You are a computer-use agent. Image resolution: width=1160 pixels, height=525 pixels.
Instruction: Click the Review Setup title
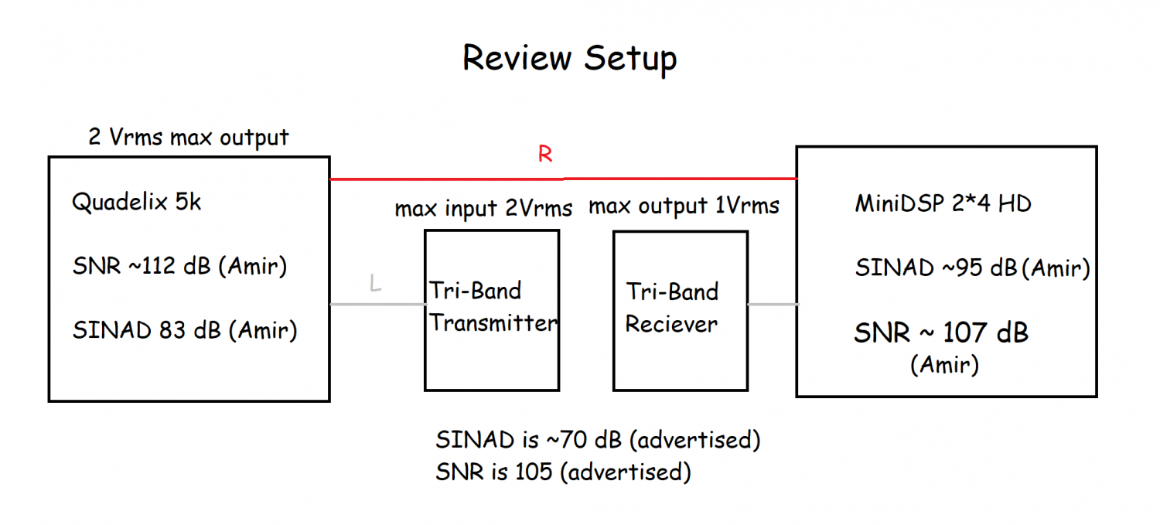coord(570,59)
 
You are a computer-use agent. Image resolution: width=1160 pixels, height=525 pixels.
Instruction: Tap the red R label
coord(545,154)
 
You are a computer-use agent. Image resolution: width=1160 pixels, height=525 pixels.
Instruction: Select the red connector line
coord(564,179)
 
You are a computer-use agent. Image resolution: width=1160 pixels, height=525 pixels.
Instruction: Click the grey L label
coord(375,283)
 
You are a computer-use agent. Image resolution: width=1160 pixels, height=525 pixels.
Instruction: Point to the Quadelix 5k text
coord(136,202)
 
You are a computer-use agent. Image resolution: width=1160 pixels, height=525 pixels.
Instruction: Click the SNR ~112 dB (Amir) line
coord(179,266)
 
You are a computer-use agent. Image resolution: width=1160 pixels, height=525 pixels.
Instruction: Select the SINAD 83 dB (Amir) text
coord(185,330)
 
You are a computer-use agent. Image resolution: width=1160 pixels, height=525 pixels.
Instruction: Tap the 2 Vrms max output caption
coord(189,137)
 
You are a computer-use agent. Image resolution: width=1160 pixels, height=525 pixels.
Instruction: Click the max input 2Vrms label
coord(483,208)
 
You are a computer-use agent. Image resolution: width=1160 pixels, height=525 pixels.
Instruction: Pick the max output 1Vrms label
coord(684,206)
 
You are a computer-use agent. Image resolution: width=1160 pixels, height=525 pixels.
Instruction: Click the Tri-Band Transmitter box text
coord(493,306)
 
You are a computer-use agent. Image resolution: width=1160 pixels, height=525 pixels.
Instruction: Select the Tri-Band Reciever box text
coord(672,308)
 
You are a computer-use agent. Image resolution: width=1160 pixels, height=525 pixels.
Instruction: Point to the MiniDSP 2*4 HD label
coord(943,203)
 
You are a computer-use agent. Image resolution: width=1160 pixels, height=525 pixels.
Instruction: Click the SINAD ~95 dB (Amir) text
coord(973,268)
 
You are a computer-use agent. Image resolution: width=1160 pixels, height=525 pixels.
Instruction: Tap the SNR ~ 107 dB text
coord(941,332)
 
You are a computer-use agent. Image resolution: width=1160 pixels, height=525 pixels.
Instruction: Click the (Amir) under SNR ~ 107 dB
coord(944,365)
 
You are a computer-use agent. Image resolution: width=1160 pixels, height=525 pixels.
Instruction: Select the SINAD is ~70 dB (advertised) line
coord(598,440)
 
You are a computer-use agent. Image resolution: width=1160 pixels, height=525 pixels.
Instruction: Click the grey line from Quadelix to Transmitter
coord(377,305)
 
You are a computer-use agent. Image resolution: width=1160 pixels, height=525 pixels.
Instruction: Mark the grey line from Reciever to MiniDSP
coord(773,305)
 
